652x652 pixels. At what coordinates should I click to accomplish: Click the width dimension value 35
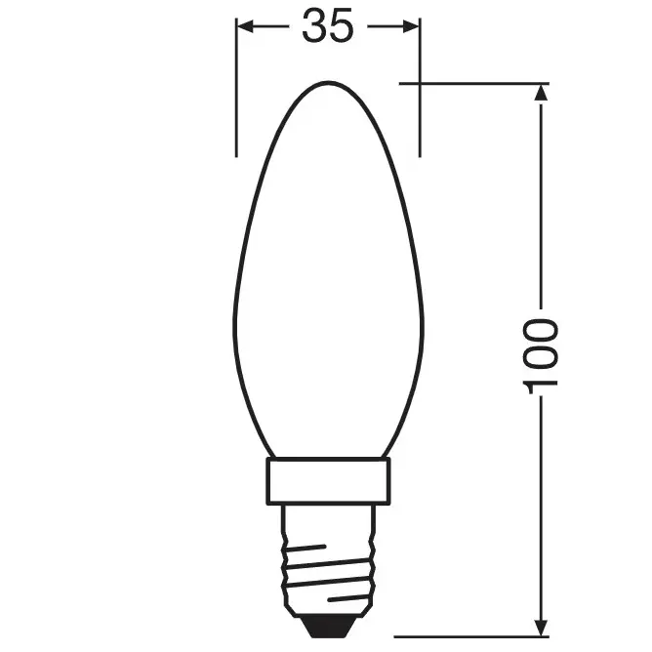[327, 27]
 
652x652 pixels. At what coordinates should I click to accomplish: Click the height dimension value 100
[543, 354]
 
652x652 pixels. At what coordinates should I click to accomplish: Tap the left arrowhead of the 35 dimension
[244, 27]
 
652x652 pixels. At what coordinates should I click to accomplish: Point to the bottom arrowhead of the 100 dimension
[543, 622]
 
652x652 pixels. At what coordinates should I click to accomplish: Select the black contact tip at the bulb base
[329, 620]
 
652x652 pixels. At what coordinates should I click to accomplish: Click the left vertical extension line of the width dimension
[236, 98]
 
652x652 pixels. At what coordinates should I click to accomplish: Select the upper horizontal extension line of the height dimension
[469, 84]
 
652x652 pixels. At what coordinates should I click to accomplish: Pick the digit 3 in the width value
[313, 27]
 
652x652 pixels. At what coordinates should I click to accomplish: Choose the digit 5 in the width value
[341, 27]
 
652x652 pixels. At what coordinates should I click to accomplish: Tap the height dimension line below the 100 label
[543, 508]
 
